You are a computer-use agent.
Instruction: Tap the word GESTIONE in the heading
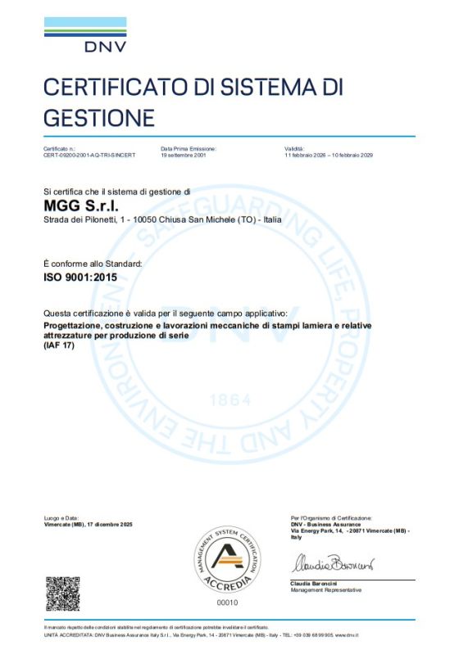point(98,116)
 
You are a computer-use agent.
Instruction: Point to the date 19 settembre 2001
point(185,155)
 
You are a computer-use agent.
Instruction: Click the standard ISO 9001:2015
point(80,278)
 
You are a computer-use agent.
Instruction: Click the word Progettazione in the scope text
point(72,327)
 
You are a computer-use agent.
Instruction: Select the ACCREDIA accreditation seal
point(229,560)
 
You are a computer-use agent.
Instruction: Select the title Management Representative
point(325,589)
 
